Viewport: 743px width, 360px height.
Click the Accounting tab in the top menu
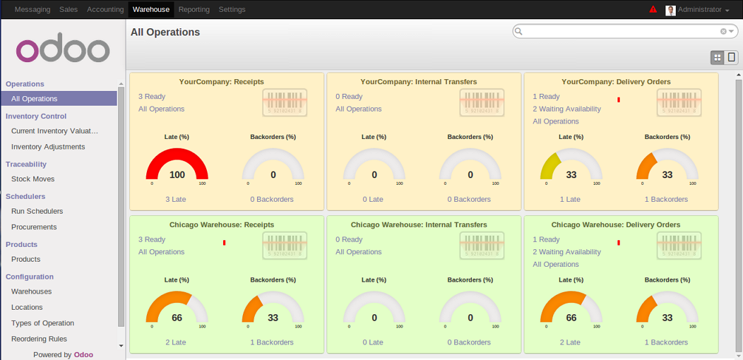tap(105, 10)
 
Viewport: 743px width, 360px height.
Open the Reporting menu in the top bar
tap(194, 10)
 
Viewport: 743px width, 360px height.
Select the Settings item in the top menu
tap(232, 10)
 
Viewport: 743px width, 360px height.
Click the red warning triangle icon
tap(653, 10)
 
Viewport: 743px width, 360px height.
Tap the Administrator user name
tap(699, 10)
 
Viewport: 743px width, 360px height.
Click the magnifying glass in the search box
tap(518, 32)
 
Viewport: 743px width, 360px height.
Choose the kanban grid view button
tap(718, 58)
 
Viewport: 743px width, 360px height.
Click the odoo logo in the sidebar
tap(63, 49)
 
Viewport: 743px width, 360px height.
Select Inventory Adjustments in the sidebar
tap(48, 147)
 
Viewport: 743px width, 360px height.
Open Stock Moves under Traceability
tap(32, 179)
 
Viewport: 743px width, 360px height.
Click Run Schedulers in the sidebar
tap(37, 211)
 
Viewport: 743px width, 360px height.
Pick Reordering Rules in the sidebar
tap(39, 339)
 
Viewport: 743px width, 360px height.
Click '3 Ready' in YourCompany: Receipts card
tap(152, 97)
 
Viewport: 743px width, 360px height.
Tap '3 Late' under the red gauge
tap(176, 199)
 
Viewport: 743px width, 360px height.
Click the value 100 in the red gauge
tap(177, 175)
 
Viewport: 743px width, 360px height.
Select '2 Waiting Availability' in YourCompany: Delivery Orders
tap(566, 109)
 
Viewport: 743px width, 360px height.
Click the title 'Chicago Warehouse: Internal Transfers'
tap(419, 224)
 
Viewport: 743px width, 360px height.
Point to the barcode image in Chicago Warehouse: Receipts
tap(285, 246)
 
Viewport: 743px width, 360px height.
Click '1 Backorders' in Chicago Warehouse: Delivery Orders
tap(666, 342)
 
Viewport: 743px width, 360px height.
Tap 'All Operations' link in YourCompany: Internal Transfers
tap(358, 109)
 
